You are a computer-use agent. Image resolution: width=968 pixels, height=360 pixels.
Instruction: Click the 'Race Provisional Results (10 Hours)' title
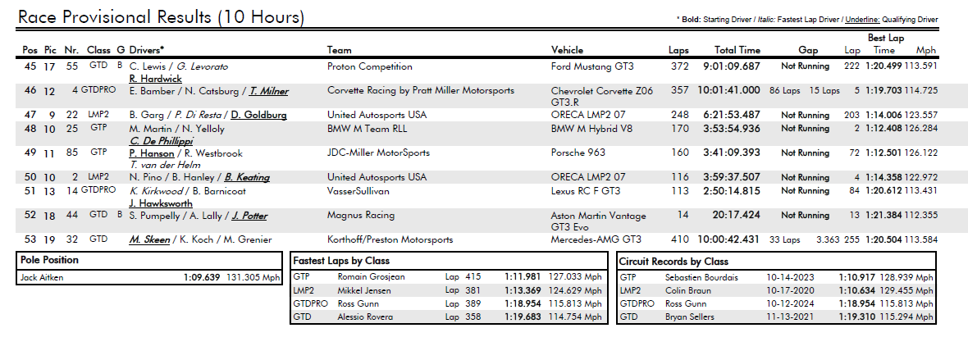(161, 16)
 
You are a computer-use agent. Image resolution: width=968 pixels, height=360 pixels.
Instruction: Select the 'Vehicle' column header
(567, 51)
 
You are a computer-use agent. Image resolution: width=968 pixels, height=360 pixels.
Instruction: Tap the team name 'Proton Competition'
(370, 66)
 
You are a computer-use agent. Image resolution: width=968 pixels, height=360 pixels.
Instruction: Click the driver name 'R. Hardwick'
(156, 79)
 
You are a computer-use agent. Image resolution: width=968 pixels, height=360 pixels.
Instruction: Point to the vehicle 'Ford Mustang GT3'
(592, 66)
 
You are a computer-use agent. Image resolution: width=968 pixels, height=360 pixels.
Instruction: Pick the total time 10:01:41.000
(728, 91)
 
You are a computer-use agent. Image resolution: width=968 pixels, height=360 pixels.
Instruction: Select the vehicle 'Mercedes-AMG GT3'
(596, 239)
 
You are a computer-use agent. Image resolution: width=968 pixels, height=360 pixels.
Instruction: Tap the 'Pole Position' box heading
(49, 260)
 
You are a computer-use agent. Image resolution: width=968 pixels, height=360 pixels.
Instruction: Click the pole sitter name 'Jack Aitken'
(42, 278)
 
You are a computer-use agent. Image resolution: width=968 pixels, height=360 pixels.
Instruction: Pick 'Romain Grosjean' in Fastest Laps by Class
(371, 277)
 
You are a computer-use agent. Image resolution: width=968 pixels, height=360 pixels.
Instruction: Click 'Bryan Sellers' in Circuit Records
(690, 317)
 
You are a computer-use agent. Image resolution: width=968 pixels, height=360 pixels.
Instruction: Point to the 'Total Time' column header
(737, 51)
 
